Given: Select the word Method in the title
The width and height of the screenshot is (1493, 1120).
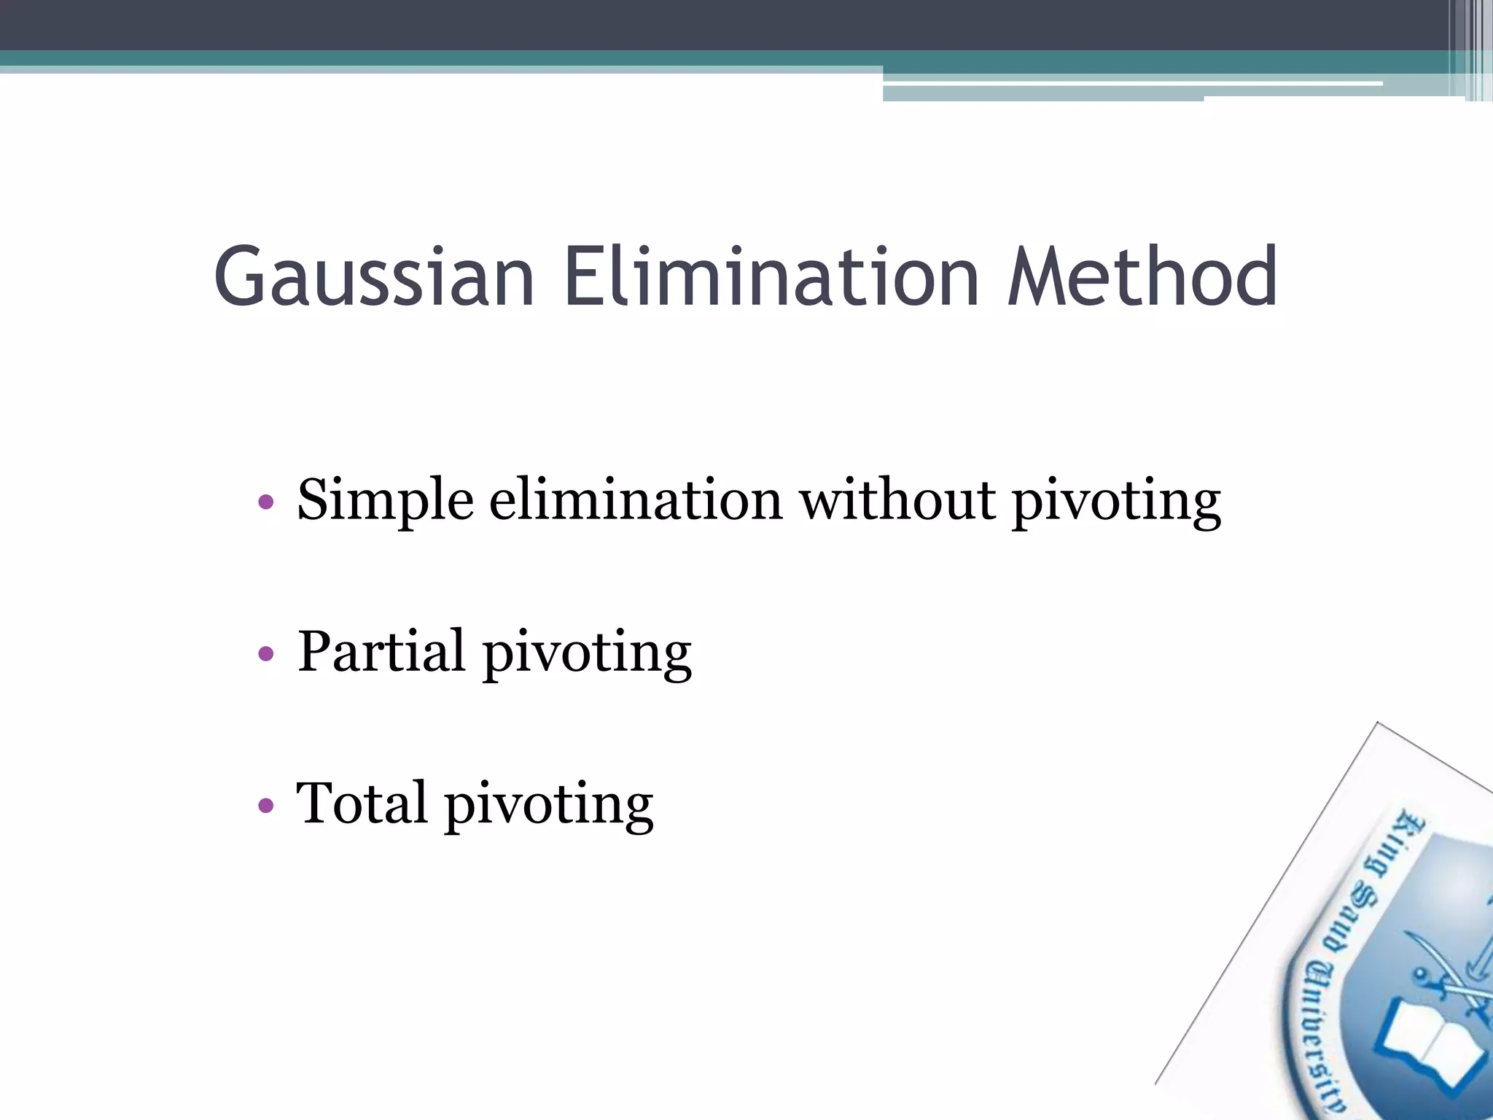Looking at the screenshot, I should click(x=1142, y=277).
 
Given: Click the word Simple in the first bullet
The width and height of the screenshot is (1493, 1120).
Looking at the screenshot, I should click(x=385, y=502).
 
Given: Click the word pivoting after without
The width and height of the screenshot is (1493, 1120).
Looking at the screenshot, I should click(x=1116, y=503).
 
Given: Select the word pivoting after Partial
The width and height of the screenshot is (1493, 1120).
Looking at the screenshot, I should click(x=587, y=654).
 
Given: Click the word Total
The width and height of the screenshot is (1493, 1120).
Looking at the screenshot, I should click(x=361, y=803).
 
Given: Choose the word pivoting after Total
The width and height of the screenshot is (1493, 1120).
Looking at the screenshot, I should click(x=549, y=806).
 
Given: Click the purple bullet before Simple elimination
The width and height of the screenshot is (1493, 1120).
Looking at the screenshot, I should click(x=266, y=502).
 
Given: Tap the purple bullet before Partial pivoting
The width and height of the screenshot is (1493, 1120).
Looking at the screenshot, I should click(x=266, y=654).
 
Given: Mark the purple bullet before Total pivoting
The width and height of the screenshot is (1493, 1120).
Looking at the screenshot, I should click(x=266, y=806).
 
